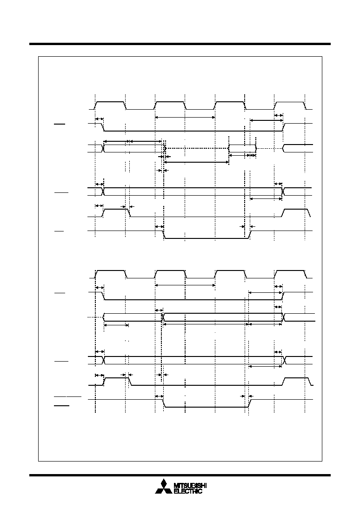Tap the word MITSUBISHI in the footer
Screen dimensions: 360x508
pos(190,486)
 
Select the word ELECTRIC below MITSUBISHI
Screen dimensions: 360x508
pos(188,491)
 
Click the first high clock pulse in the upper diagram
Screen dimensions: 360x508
pos(110,106)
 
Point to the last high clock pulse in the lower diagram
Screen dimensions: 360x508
pos(290,274)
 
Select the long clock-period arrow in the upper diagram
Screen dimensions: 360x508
pos(185,117)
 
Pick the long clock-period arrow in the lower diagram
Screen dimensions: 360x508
pos(185,285)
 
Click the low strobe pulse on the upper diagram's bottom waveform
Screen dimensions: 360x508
pos(206,235)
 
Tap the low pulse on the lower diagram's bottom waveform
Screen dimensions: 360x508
pos(206,403)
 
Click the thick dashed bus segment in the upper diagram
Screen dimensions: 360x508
pos(197,148)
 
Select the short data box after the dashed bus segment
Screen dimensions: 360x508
pos(243,148)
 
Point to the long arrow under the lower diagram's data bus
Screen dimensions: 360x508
pos(206,324)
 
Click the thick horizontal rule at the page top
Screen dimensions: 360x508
pos(180,44)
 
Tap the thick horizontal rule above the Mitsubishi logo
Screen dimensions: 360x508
pos(180,475)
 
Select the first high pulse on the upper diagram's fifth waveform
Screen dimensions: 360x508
pos(116,212)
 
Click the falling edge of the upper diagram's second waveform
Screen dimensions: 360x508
pos(103,127)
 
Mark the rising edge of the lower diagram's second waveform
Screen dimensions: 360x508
pos(283,296)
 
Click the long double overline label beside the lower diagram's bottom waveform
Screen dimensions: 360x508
pos(67,396)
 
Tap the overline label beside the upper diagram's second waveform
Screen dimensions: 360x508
pos(60,124)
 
